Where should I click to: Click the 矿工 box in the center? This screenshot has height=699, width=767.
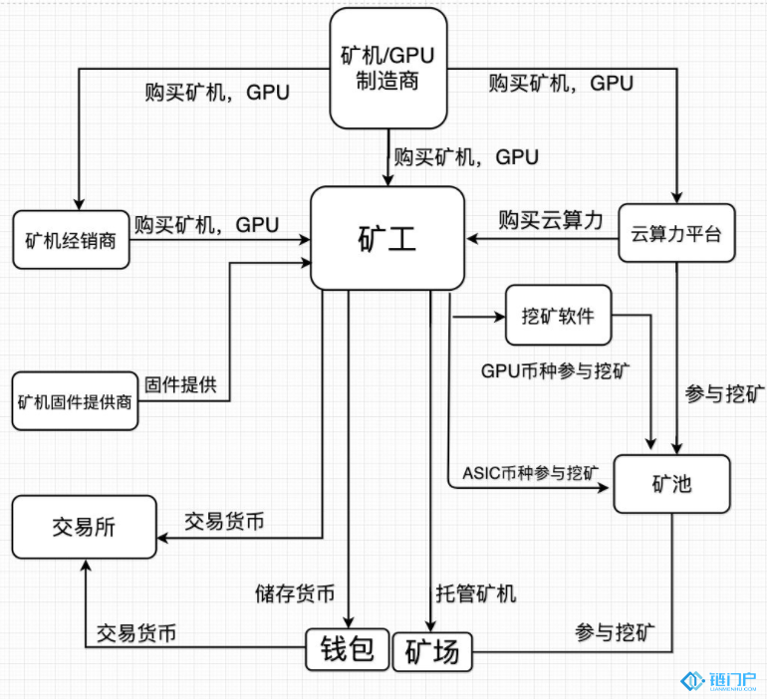[x=387, y=239]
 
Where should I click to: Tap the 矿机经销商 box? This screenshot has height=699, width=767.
[x=72, y=240]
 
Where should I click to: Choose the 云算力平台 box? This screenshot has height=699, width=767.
[x=676, y=234]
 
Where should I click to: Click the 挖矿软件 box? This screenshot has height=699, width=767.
[x=557, y=316]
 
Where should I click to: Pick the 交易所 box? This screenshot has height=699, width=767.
[x=84, y=528]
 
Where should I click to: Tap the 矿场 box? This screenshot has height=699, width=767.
[x=433, y=651]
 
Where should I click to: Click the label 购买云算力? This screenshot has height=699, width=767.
[x=551, y=220]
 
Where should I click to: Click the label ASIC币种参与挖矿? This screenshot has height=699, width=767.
[x=532, y=471]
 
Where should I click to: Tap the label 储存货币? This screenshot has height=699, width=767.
[x=295, y=594]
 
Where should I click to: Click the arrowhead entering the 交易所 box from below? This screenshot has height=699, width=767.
[x=85, y=566]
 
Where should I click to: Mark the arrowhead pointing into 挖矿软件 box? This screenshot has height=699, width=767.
[x=498, y=318]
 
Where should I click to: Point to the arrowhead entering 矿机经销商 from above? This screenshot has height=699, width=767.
[x=76, y=201]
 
